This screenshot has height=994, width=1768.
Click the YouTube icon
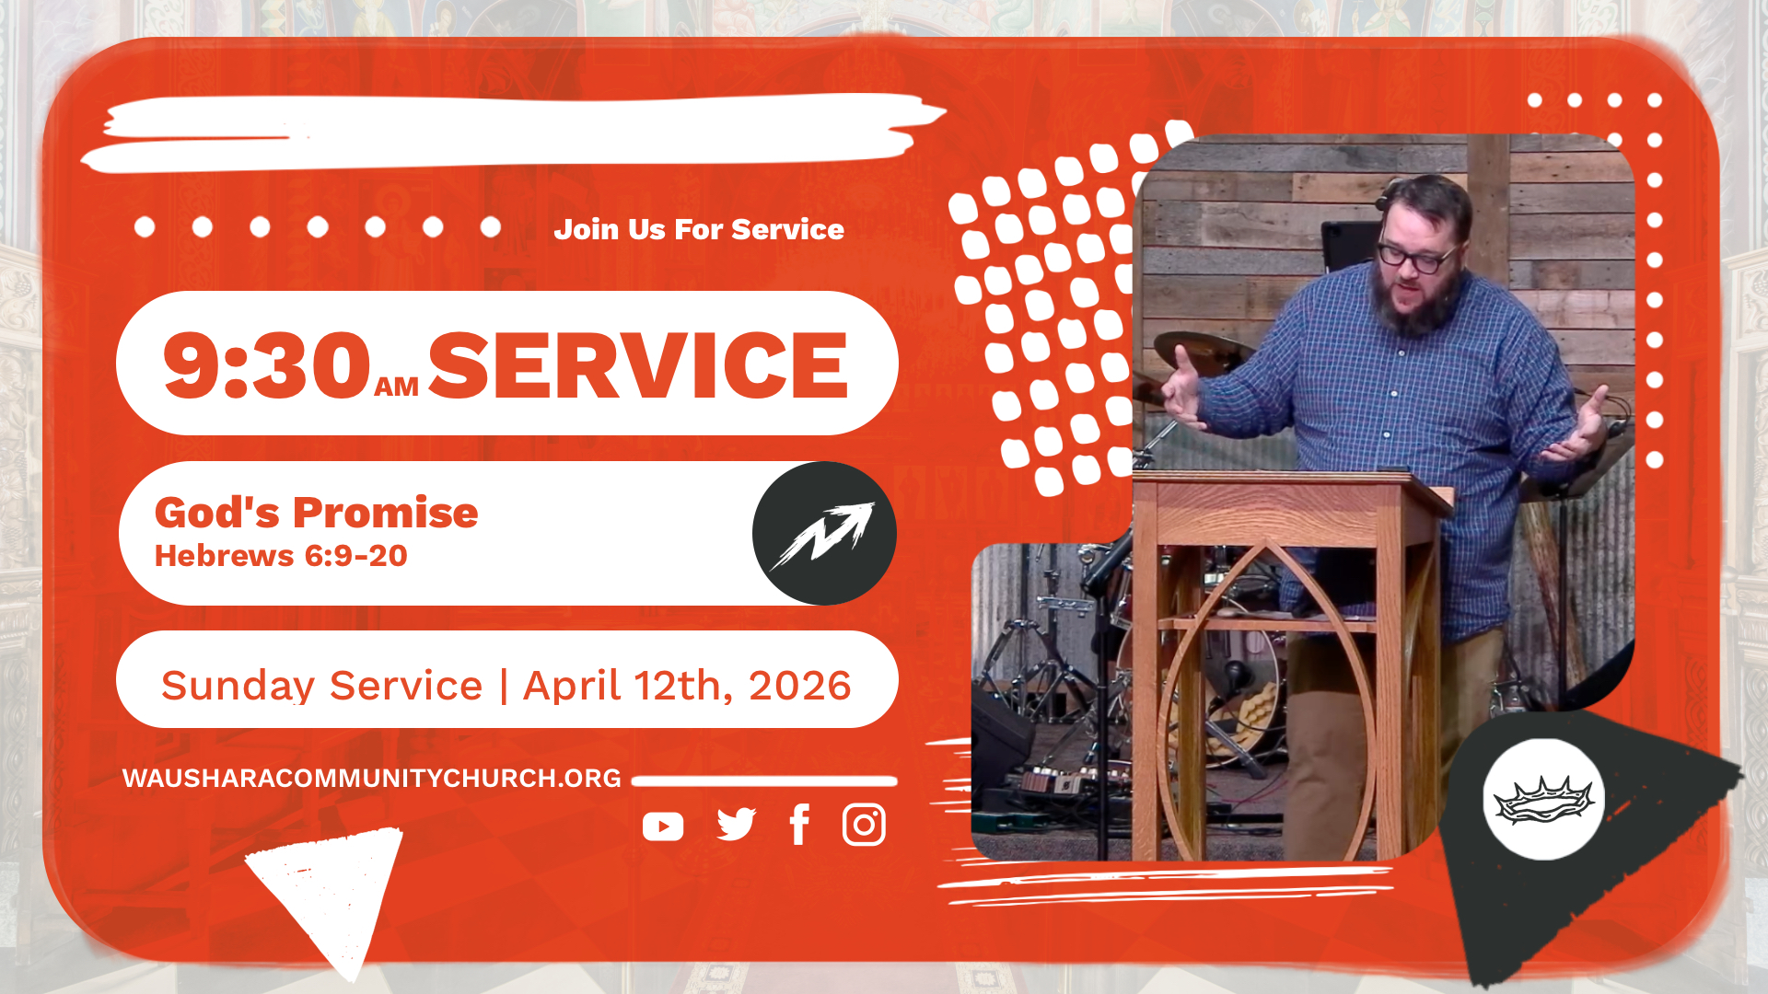click(x=663, y=826)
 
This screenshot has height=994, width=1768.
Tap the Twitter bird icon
click(x=736, y=825)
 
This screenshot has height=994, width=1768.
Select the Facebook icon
click(x=799, y=825)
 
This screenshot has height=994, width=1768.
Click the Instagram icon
click(x=864, y=825)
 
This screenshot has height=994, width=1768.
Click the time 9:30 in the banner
click(x=267, y=365)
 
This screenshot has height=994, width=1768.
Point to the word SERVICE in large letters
click(x=637, y=365)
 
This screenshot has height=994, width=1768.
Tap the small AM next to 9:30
click(x=397, y=387)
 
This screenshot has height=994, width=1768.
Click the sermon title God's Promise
click(x=317, y=513)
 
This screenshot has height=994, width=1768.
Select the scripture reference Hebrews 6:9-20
click(x=281, y=556)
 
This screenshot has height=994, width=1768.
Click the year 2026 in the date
click(x=800, y=686)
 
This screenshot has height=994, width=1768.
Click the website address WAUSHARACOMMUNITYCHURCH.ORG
click(x=372, y=779)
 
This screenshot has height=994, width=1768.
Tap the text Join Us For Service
click(x=699, y=229)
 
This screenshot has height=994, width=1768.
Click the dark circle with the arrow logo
click(x=824, y=533)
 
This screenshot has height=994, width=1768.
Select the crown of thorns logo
click(x=1544, y=799)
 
